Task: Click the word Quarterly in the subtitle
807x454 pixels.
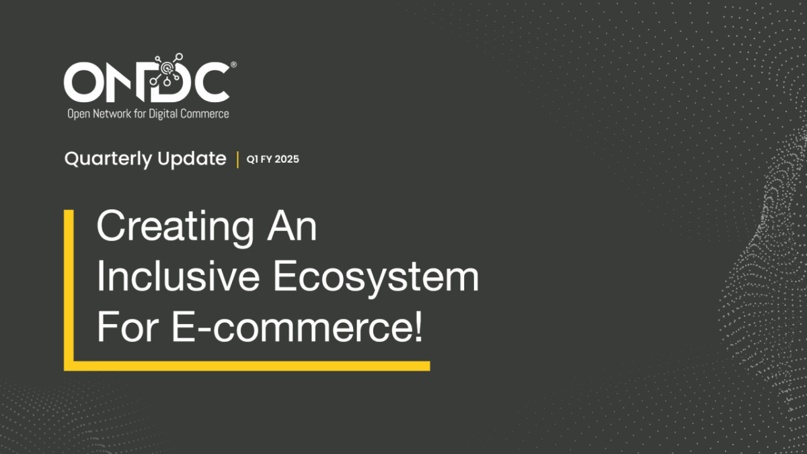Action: click(108, 159)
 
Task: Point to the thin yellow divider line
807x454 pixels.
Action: click(238, 159)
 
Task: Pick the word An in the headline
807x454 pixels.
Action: click(292, 226)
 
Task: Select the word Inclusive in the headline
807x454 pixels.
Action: click(178, 276)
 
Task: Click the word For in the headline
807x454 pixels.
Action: click(128, 327)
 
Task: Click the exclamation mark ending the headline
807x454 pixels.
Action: click(418, 327)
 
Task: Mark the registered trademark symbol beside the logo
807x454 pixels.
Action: click(233, 65)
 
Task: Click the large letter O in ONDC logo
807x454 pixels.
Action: click(83, 82)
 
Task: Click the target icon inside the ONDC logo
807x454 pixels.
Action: click(166, 68)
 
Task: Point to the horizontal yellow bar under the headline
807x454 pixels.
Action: click(247, 366)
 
